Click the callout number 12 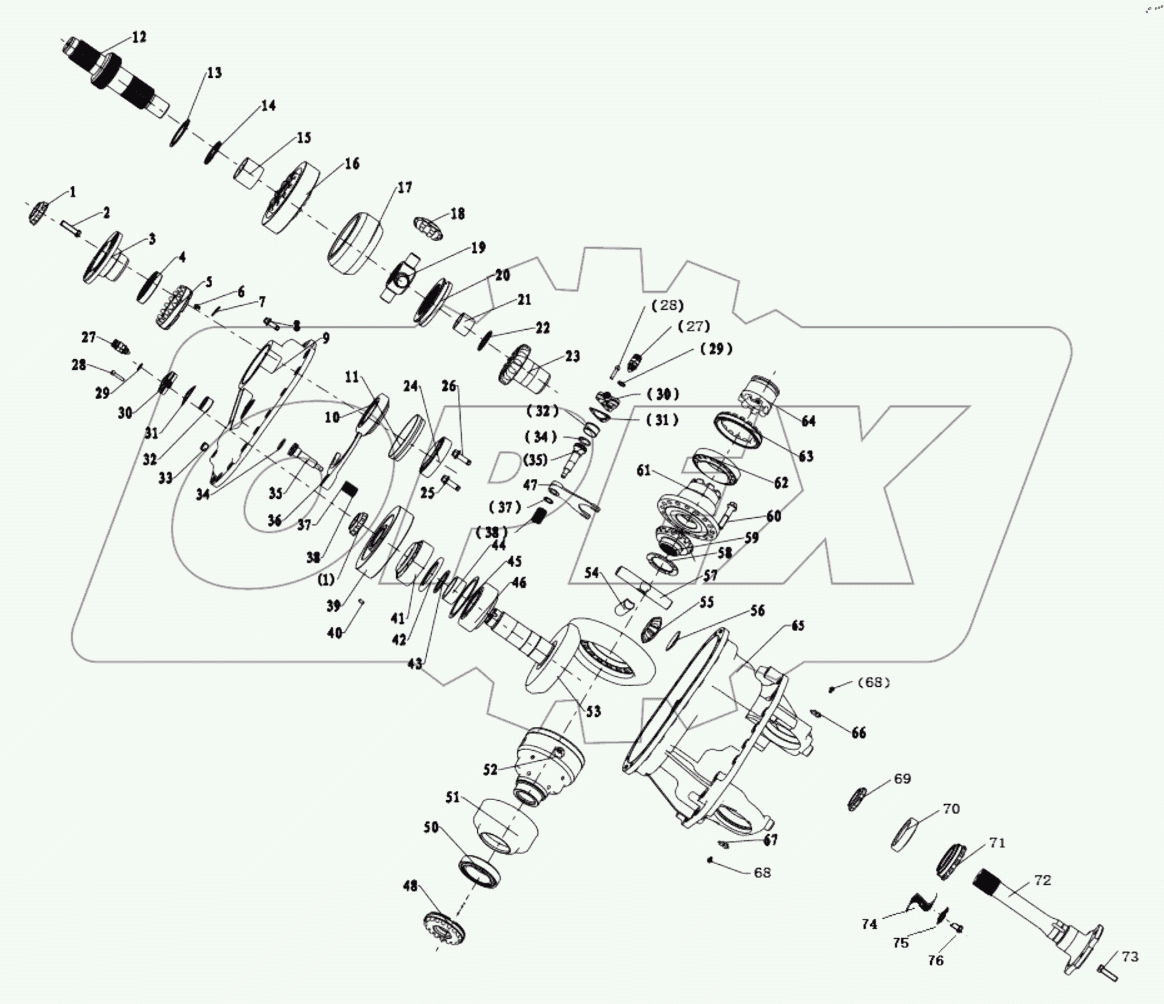tap(139, 37)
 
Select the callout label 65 tap(797, 626)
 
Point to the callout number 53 tap(593, 712)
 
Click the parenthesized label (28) tap(667, 305)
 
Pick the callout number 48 tap(410, 886)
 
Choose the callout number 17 tap(405, 188)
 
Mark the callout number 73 tap(1130, 957)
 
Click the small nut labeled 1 tap(37, 213)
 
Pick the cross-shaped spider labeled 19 tap(403, 278)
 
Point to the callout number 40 tap(335, 633)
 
